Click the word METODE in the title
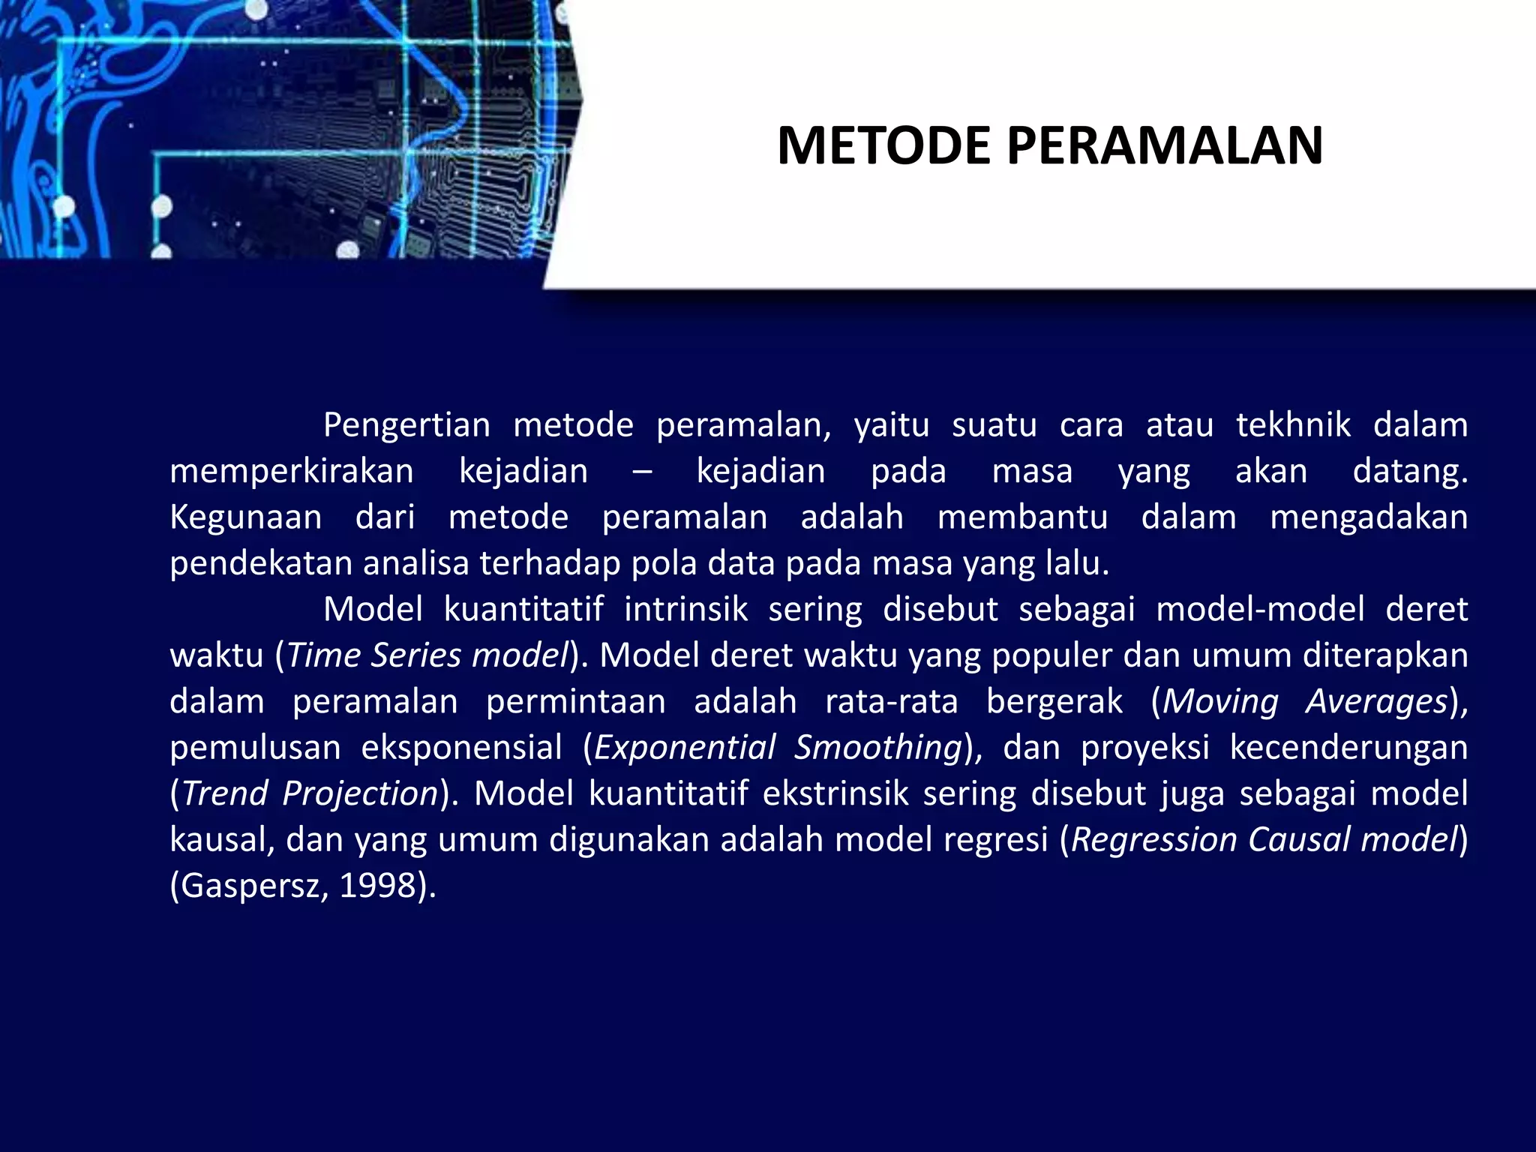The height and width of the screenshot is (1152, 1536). click(883, 145)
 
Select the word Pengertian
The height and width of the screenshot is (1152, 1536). click(406, 425)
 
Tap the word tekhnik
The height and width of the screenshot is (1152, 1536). click(1293, 425)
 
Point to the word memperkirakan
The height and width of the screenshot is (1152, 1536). click(292, 472)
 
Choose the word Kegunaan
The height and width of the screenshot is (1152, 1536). click(246, 517)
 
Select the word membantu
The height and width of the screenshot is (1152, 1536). click(1022, 517)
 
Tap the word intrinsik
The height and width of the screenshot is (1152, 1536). click(685, 609)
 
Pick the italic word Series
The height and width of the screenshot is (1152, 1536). click(415, 655)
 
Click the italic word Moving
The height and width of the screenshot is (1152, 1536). click(1220, 701)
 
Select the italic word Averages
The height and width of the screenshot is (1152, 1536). click(1376, 701)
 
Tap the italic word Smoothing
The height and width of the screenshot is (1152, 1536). click(878, 748)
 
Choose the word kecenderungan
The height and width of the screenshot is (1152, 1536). click(1348, 748)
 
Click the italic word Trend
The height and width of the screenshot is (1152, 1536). click(225, 793)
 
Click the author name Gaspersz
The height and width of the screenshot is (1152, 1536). click(252, 886)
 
